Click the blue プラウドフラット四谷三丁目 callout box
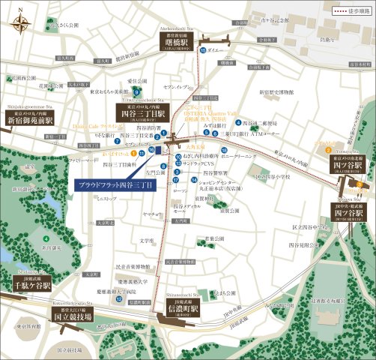pos(112,184)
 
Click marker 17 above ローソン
pos(176,181)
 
